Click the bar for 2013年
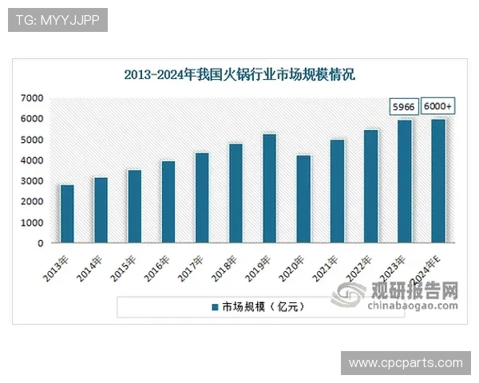click(x=67, y=214)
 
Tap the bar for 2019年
click(x=269, y=188)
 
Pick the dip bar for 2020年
click(x=303, y=199)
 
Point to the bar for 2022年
click(x=370, y=186)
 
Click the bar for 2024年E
click(x=438, y=181)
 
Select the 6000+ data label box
click(x=437, y=106)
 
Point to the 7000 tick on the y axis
click(x=31, y=98)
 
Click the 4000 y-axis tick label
click(x=31, y=160)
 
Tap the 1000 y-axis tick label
click(x=31, y=223)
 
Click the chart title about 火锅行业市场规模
click(x=239, y=75)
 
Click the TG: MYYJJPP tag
click(x=57, y=20)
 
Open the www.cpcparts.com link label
click(x=405, y=363)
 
